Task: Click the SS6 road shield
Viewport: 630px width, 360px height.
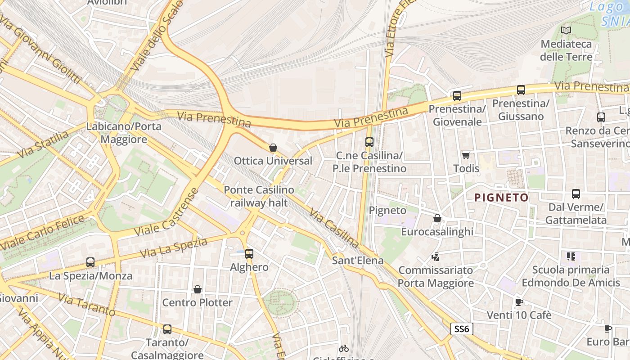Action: tap(462, 329)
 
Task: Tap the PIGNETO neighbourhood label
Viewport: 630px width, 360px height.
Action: tap(501, 197)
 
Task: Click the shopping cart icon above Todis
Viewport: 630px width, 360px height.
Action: tap(466, 155)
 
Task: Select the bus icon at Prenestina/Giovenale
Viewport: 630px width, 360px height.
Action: tap(457, 95)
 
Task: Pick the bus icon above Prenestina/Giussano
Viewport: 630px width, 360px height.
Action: tap(521, 90)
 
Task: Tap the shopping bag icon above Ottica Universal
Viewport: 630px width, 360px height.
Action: tap(273, 148)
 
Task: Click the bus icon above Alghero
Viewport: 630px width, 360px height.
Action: tap(249, 254)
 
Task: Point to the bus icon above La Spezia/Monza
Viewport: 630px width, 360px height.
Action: tap(90, 262)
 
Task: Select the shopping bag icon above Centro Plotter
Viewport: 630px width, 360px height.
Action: tap(197, 289)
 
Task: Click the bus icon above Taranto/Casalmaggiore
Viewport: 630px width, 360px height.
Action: tap(167, 329)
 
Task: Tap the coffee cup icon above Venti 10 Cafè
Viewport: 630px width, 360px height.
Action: tap(519, 302)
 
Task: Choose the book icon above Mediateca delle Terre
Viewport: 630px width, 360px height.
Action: tap(566, 31)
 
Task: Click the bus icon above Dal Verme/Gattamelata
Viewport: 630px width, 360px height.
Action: tap(576, 194)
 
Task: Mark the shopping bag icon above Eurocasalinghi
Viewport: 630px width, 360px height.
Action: tap(437, 218)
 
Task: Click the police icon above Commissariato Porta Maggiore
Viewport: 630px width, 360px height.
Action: tap(435, 257)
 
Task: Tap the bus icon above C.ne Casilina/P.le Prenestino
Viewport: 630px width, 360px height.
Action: tap(369, 142)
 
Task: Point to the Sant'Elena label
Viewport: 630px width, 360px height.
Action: tap(358, 261)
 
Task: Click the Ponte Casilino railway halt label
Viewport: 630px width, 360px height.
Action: tap(259, 196)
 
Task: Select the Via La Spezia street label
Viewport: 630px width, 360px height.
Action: tap(174, 248)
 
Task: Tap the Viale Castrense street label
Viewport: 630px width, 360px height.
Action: tap(167, 213)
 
